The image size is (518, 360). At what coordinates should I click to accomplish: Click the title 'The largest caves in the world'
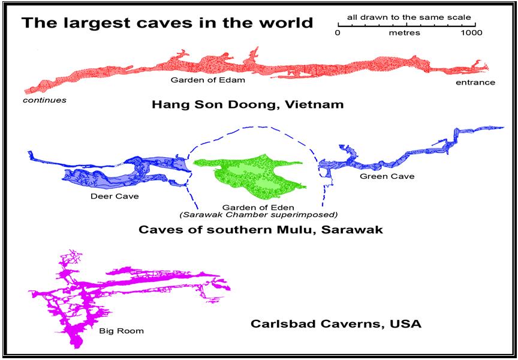click(x=167, y=23)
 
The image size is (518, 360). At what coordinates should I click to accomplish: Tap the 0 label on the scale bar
click(x=338, y=33)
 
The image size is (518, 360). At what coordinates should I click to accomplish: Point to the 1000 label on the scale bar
click(x=472, y=33)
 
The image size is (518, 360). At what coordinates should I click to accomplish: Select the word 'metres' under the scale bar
click(x=405, y=33)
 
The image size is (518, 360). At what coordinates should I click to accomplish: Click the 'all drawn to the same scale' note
click(x=409, y=17)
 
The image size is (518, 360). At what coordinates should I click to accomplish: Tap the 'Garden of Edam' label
click(x=199, y=79)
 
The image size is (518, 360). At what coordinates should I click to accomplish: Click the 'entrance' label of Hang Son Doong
click(x=475, y=82)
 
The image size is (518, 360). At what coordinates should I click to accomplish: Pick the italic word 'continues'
click(x=44, y=100)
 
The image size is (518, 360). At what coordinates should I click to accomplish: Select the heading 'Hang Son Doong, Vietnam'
click(x=248, y=104)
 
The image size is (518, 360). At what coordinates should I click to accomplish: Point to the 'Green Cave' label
click(x=378, y=176)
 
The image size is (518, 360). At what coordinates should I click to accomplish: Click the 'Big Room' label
click(x=121, y=331)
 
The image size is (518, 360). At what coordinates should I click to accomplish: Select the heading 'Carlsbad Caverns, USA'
click(x=335, y=324)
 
